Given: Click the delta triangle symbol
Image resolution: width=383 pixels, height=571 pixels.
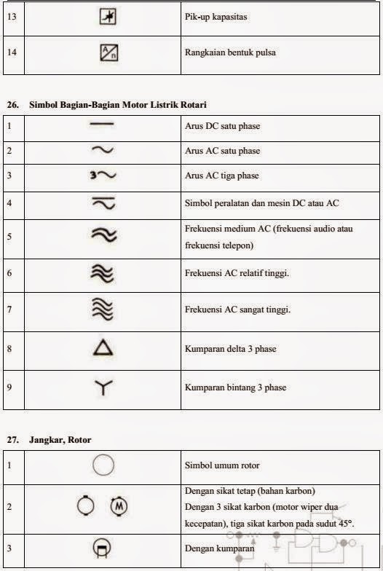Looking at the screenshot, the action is point(103,349).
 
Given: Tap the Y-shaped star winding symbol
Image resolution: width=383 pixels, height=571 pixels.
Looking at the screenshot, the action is point(103,388).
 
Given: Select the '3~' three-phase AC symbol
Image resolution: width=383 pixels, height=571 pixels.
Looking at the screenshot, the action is point(103,176).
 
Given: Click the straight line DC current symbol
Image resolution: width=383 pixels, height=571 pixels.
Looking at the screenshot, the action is point(103,125).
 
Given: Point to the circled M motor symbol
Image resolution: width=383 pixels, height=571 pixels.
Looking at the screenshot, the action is point(118,504).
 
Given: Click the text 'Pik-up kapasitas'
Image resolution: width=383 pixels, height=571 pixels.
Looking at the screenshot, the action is point(215,16).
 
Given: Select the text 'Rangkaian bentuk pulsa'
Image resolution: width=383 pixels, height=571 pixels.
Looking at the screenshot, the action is point(229,52).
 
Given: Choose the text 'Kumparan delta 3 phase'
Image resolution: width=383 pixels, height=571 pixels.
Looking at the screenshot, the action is point(231,349).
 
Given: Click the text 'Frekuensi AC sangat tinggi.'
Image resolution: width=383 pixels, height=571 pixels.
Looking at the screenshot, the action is point(238,310).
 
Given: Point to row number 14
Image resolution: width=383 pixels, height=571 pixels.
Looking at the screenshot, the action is point(11,52).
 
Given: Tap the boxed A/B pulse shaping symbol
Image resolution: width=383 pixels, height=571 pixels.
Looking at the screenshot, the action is point(108,52).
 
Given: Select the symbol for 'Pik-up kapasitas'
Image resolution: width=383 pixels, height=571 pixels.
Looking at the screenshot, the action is point(108,16).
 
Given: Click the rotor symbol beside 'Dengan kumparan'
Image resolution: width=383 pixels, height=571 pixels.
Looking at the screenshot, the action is point(103,548).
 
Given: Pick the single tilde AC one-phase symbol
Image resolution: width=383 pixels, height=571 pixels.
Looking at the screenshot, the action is point(103,151).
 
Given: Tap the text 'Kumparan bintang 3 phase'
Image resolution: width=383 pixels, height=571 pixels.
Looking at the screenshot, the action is point(234,388).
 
